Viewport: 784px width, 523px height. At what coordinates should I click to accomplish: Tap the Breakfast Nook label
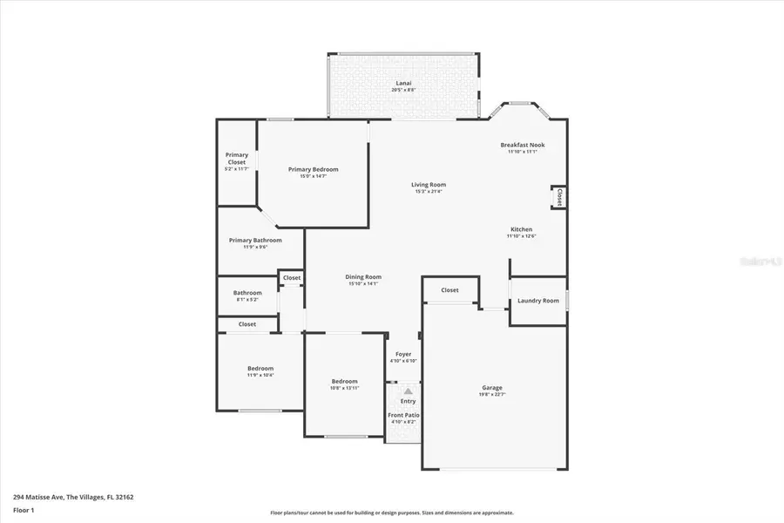click(523, 145)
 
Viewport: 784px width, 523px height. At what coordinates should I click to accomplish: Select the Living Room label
click(429, 184)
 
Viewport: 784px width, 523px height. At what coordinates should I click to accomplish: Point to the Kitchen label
click(521, 229)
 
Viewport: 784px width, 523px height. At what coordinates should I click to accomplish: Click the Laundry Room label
click(537, 301)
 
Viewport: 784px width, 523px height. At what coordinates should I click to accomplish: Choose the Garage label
click(492, 387)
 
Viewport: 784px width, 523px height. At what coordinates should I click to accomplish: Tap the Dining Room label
click(364, 277)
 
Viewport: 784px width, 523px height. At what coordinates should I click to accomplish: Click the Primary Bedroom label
click(313, 169)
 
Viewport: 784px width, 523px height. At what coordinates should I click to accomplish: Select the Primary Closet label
click(237, 159)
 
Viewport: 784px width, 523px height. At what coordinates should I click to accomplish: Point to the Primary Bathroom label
click(255, 240)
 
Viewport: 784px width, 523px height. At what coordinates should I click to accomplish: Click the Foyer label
click(403, 354)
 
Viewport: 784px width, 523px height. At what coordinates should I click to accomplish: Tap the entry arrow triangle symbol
click(408, 392)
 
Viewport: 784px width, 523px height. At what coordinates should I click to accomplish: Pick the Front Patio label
click(403, 415)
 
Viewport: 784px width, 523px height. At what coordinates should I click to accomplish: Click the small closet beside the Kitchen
click(558, 197)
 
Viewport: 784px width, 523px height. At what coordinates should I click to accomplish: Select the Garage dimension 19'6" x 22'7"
click(492, 394)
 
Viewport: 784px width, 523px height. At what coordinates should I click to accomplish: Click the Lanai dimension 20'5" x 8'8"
click(403, 90)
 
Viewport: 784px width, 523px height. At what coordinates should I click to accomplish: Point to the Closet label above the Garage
click(449, 290)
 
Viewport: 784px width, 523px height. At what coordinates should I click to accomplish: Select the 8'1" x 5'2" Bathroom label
click(247, 300)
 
